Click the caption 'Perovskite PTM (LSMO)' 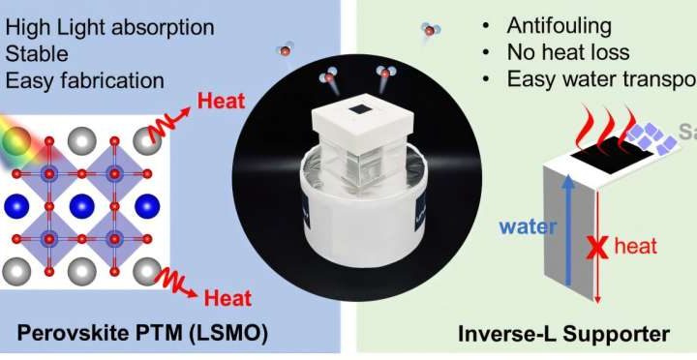pyautogui.click(x=140, y=335)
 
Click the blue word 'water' pyautogui.click(x=528, y=227)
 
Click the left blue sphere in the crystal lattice pyautogui.click(x=17, y=205)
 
